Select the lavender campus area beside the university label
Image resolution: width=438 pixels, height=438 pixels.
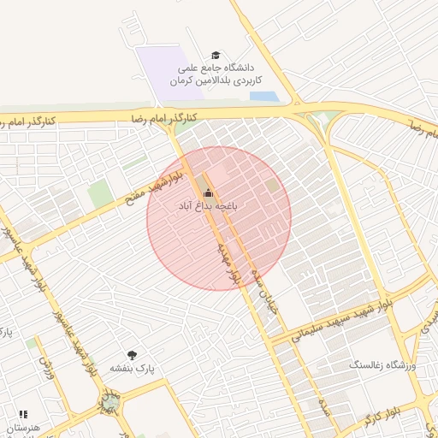(x=163, y=73)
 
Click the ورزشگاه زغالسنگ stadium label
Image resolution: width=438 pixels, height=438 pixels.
(x=382, y=365)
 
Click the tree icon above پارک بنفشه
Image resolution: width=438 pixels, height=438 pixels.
(x=132, y=354)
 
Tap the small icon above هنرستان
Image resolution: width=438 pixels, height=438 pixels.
(x=23, y=414)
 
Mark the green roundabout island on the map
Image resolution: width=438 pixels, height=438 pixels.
(x=110, y=400)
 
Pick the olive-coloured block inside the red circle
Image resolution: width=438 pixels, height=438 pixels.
(x=272, y=185)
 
